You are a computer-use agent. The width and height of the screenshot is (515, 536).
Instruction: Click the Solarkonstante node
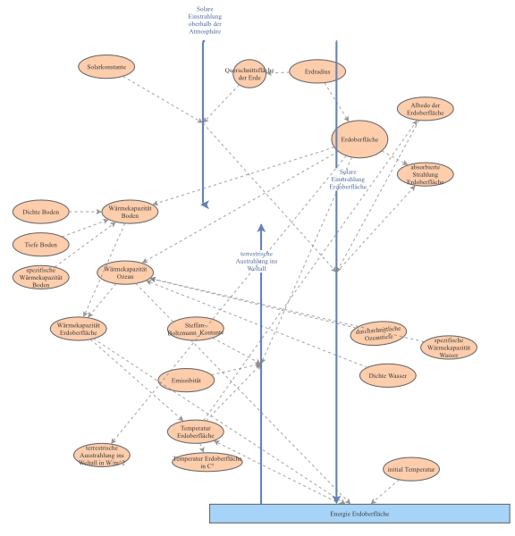106,66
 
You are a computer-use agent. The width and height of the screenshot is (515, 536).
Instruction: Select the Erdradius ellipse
317,70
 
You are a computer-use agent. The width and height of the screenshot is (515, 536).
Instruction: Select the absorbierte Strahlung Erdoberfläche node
426,174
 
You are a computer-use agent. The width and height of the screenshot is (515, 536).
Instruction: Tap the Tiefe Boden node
41,243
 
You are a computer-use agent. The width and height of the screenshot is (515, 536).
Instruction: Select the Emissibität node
186,380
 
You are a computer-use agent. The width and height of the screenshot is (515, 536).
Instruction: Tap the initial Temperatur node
411,468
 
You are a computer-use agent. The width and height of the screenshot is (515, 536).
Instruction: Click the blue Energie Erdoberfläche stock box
359,514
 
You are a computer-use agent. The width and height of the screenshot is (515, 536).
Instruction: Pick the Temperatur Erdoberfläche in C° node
207,461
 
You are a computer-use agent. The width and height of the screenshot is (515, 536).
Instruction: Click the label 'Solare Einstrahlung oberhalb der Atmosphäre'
205,20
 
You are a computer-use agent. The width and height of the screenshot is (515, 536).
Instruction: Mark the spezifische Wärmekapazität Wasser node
450,347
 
